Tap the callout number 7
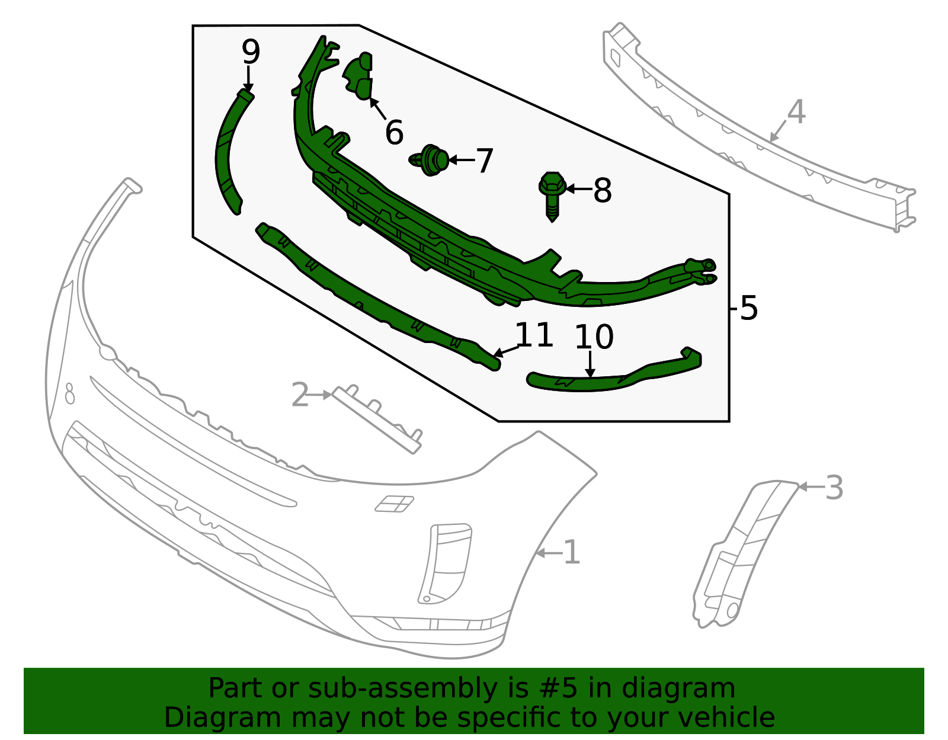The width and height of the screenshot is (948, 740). coord(485,161)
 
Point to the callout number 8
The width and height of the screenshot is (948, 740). coord(602,190)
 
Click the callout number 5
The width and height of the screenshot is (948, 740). coord(749,308)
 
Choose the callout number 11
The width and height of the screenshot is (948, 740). coord(534,335)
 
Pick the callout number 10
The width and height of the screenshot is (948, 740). coord(594,337)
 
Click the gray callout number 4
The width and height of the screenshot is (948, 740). coord(796,112)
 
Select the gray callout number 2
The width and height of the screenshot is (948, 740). coord(300,395)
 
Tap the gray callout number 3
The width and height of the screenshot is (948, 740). coord(834,488)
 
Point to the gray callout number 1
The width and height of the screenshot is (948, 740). coord(571,553)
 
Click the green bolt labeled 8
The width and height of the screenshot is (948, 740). coord(552,196)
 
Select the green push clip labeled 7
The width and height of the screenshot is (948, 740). coord(432,160)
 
